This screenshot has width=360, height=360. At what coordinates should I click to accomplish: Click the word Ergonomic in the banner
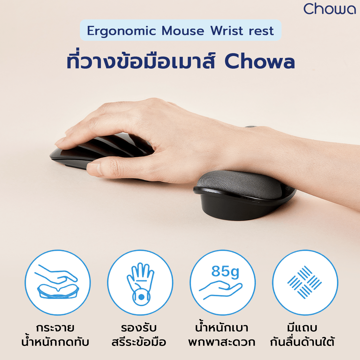(x=121, y=31)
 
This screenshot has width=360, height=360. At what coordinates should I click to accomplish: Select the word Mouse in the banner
(x=183, y=31)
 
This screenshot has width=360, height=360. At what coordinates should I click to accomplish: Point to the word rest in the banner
(x=261, y=31)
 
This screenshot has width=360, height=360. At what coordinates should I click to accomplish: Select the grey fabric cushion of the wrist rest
(x=239, y=183)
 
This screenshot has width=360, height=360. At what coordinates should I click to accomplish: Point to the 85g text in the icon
(x=225, y=271)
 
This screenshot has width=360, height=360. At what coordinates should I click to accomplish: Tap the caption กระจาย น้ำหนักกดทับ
(x=55, y=335)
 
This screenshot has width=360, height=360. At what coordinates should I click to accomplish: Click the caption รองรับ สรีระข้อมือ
(x=139, y=335)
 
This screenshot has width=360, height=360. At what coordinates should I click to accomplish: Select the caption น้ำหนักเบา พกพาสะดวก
(x=222, y=335)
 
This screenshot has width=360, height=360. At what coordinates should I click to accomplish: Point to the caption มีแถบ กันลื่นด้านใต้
(x=302, y=335)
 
